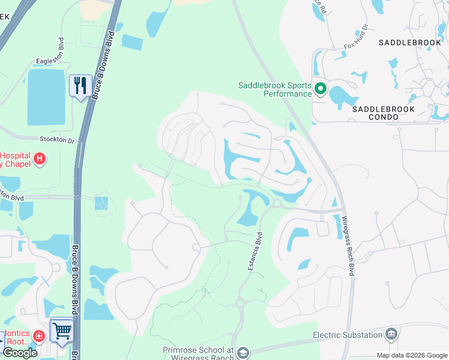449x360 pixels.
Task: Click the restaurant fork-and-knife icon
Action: [80, 85]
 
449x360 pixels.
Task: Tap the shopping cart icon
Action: [62, 329]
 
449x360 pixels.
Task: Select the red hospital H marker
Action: [40, 159]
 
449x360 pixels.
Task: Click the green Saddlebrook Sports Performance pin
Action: [320, 90]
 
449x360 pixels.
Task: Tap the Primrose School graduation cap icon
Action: [243, 352]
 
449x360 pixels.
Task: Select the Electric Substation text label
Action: [348, 335]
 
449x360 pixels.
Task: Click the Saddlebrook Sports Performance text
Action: [275, 89]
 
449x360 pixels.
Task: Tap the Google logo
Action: [20, 353]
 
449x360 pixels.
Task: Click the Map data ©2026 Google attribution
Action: [412, 355]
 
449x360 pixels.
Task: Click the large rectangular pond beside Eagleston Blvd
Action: [46, 97]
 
